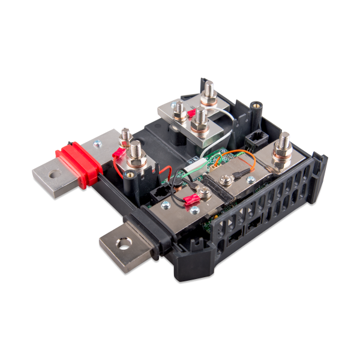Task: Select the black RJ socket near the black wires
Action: coord(161,192)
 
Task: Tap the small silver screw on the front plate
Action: coord(194,210)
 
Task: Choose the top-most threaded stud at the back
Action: coord(210,93)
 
